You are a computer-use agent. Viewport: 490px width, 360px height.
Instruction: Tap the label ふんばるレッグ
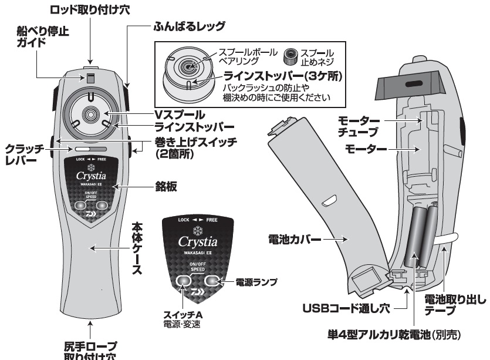click(x=188, y=26)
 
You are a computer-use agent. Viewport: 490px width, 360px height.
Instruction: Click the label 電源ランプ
click(x=256, y=282)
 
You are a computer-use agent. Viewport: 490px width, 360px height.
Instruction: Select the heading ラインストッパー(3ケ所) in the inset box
click(x=283, y=75)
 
